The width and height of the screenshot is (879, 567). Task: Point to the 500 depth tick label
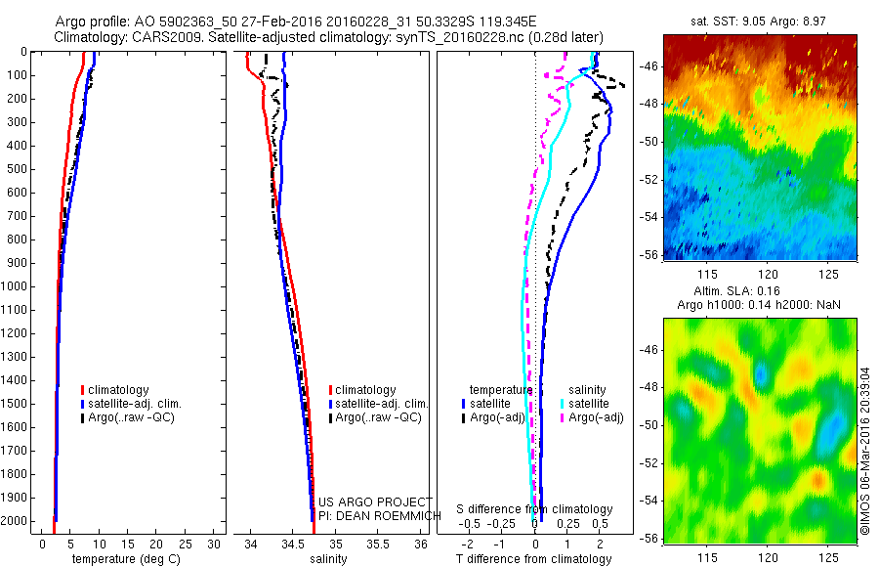click(17, 169)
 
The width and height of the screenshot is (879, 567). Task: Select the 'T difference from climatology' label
click(533, 559)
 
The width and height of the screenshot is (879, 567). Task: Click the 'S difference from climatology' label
click(535, 509)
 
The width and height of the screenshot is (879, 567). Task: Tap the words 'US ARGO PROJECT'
click(375, 502)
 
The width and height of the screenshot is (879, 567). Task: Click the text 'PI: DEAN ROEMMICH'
click(375, 514)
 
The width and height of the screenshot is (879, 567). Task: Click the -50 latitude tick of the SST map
click(649, 141)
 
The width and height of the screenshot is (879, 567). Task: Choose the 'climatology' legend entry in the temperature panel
click(119, 390)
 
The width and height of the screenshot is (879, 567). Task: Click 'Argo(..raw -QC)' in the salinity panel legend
click(378, 417)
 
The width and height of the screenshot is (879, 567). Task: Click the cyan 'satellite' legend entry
click(590, 403)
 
